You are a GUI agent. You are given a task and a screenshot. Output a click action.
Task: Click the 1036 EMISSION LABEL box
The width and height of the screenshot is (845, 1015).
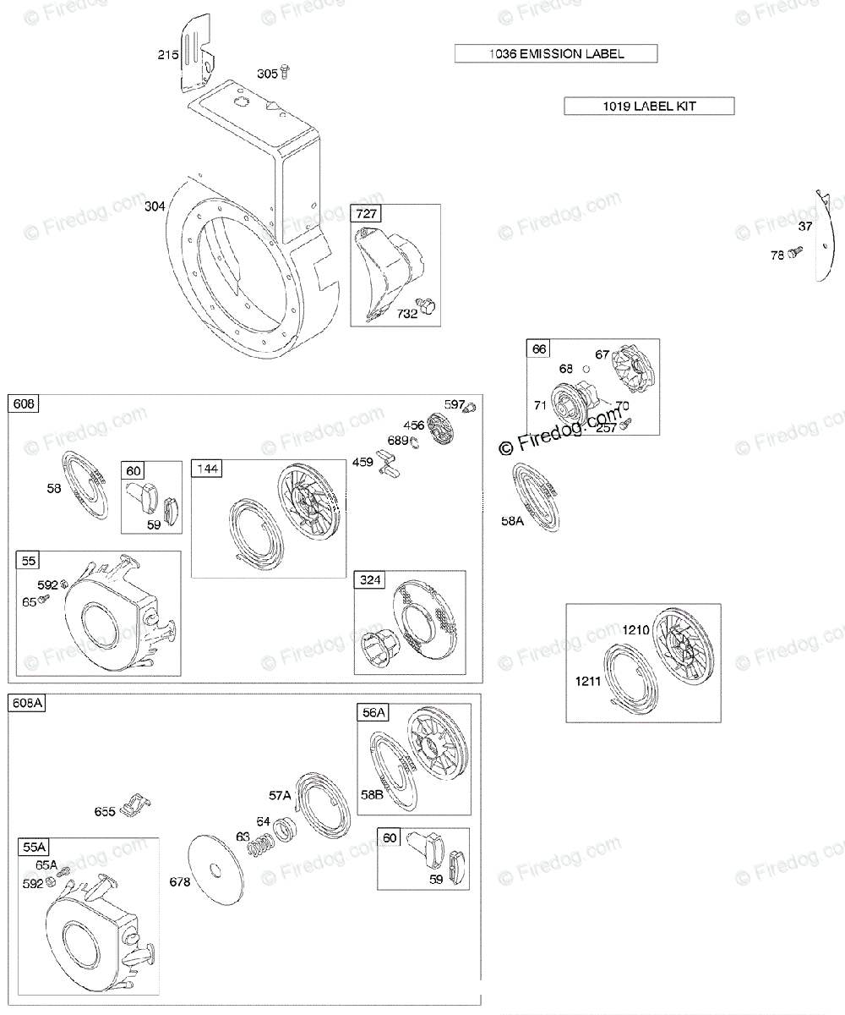point(556,54)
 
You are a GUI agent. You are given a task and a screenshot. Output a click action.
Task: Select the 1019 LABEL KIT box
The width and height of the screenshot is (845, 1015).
point(649,106)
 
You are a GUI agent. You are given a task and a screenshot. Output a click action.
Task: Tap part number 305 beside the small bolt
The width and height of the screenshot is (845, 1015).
point(267,74)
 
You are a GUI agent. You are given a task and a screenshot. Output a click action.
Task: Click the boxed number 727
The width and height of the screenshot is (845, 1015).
point(366,215)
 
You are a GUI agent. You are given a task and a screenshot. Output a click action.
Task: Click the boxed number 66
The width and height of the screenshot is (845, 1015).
point(538,349)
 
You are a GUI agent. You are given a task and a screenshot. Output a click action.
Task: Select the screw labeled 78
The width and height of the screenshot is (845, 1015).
point(796,253)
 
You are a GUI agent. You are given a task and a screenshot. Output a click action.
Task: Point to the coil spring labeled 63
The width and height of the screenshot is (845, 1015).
point(263,844)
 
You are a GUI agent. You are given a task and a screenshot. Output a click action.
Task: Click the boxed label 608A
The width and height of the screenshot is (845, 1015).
point(28,704)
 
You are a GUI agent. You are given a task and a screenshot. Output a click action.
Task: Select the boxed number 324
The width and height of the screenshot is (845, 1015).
point(371,580)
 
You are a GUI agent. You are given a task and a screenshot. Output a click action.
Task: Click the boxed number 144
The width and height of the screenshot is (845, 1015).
point(208,469)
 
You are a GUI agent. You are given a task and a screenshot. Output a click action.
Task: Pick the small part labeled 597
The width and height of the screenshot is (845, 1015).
point(470,409)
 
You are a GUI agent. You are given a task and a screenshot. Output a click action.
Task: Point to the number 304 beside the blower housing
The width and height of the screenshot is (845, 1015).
point(155,206)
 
